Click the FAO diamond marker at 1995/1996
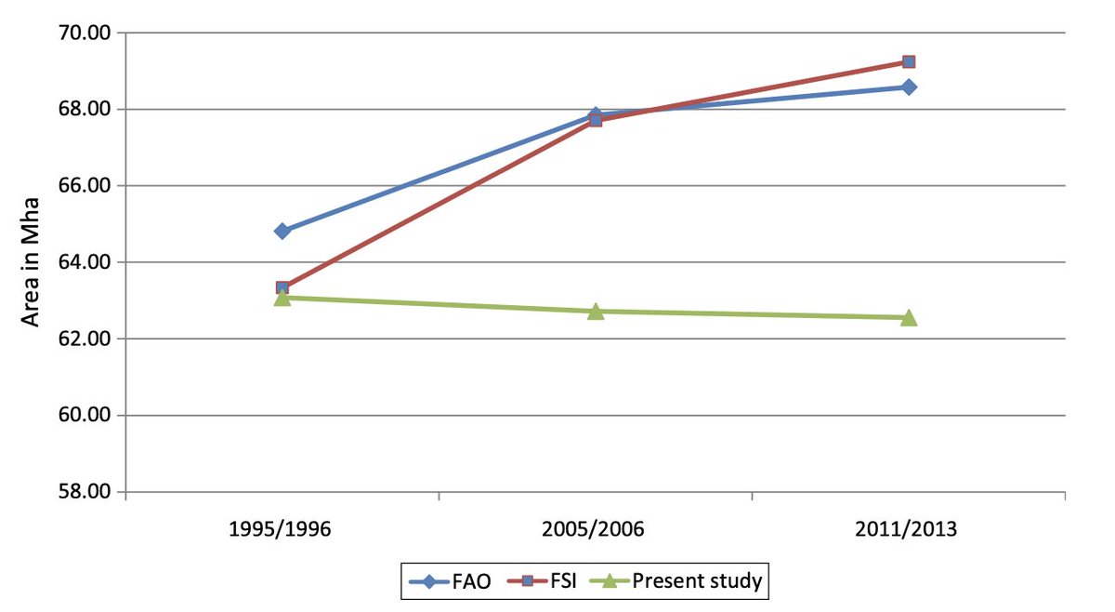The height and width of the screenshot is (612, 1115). (x=282, y=231)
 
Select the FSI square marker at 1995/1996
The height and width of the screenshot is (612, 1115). (x=282, y=288)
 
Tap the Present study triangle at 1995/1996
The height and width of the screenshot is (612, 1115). (x=282, y=298)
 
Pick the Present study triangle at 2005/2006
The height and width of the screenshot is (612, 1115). (x=596, y=311)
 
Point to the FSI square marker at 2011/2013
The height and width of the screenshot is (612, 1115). (x=909, y=61)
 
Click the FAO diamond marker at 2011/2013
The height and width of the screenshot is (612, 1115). (x=909, y=86)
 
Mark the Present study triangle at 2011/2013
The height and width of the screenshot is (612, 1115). (x=909, y=317)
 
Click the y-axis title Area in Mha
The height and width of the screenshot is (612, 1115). (x=31, y=262)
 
